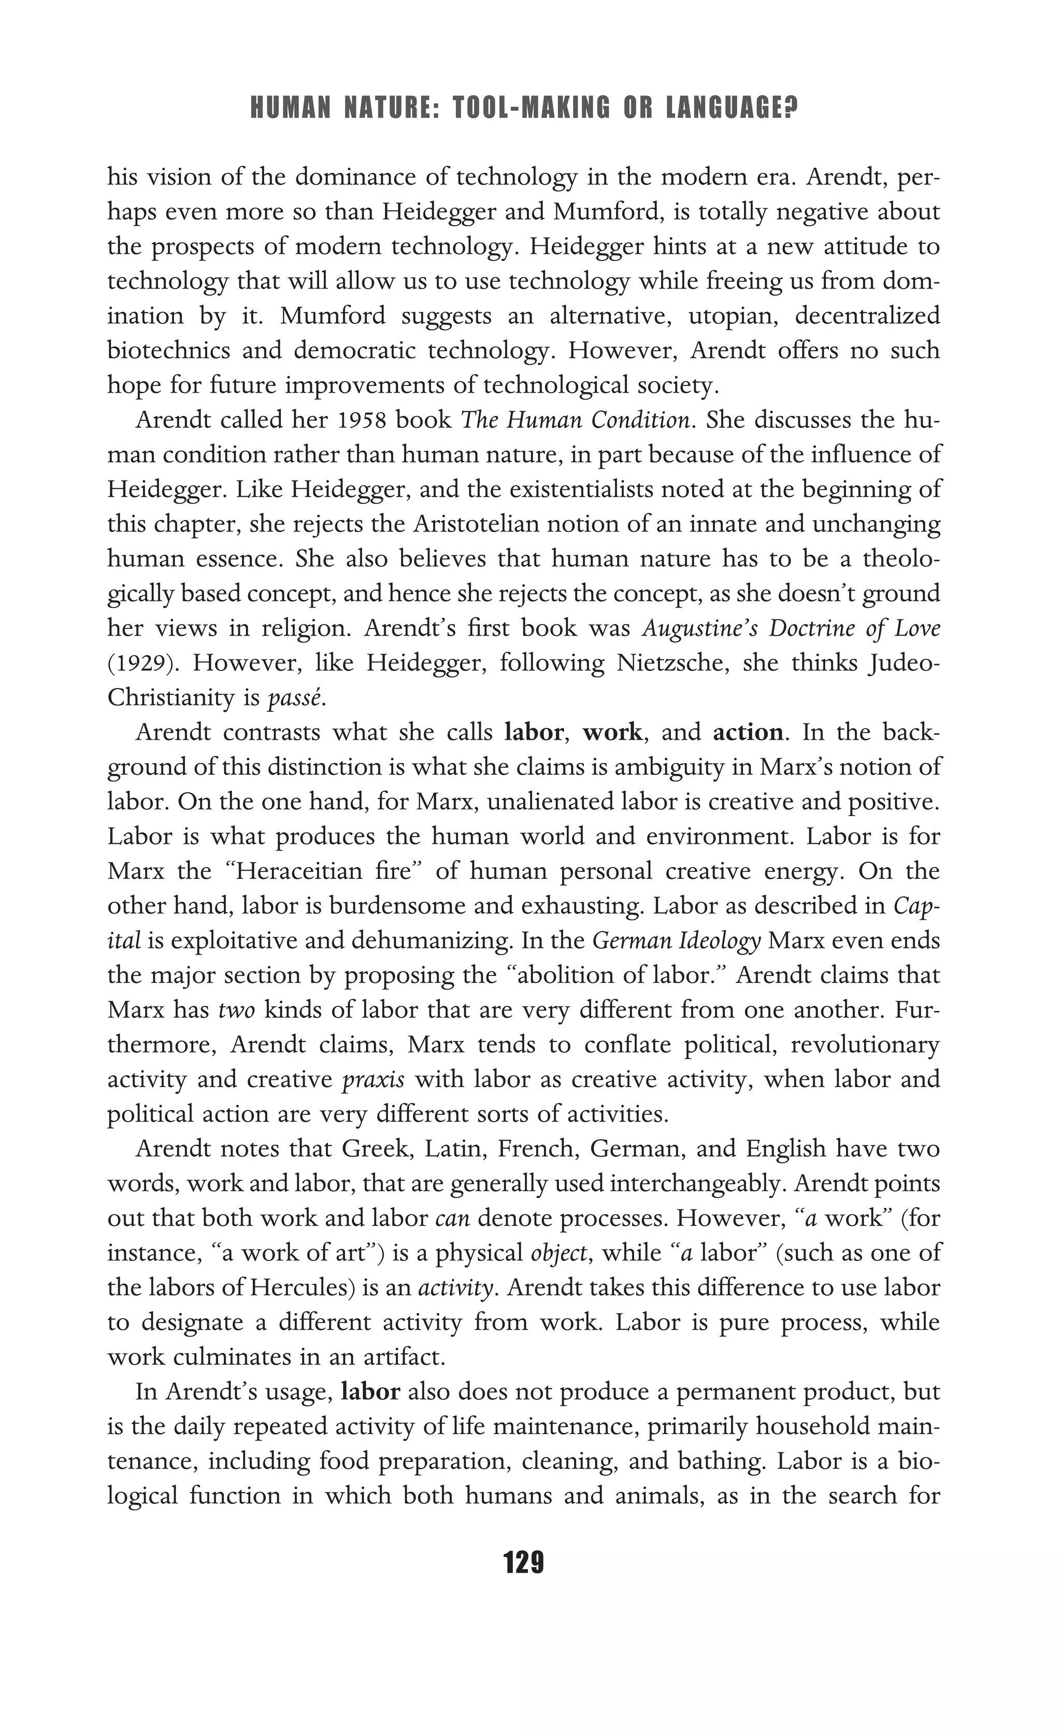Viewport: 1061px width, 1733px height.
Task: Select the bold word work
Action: pos(612,733)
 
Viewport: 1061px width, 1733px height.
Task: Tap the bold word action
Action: pos(747,733)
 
